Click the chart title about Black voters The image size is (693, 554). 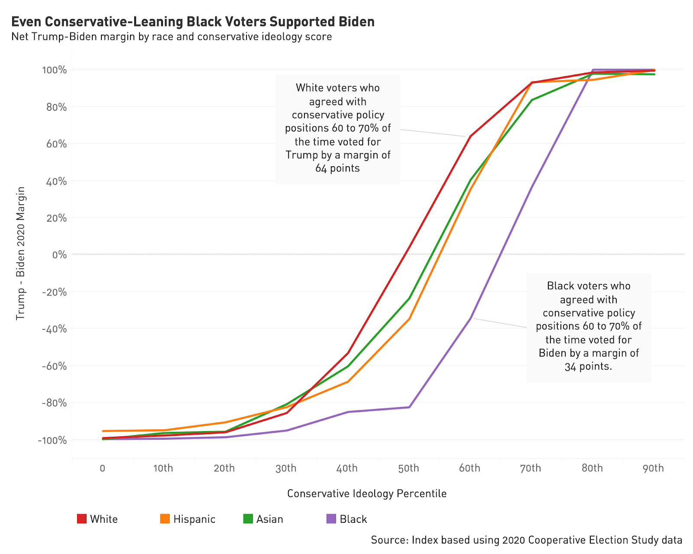pos(193,22)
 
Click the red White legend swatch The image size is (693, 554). pos(81,519)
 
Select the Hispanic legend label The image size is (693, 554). pos(194,519)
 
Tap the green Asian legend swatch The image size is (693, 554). pos(248,519)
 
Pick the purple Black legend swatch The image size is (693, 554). pos(331,519)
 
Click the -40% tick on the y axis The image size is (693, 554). pos(54,329)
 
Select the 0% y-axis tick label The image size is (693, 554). pos(59,255)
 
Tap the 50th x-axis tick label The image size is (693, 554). pos(408,468)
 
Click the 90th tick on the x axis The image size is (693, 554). pos(653,468)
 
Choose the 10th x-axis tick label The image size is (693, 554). pos(163,468)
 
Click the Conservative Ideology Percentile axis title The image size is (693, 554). pos(366,493)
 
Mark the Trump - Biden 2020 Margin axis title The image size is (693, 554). pos(20,254)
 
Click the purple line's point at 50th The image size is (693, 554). pos(409,407)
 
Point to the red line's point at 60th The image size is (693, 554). pos(470,136)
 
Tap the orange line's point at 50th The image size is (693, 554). pos(409,319)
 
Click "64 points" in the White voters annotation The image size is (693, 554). pos(337,168)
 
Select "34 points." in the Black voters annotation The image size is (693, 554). pos(588,367)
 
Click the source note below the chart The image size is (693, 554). pos(526,540)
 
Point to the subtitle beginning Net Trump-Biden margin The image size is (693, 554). pos(172,37)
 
